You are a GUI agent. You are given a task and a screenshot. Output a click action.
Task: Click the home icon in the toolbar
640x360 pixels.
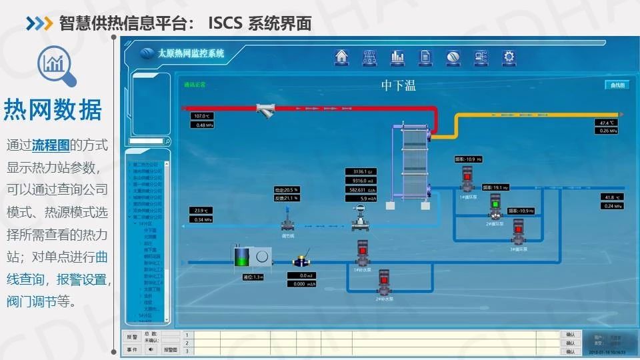pos(342,57)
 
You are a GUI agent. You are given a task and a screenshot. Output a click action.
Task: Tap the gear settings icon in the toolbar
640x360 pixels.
pos(509,57)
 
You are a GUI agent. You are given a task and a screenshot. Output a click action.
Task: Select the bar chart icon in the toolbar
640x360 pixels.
pos(397,57)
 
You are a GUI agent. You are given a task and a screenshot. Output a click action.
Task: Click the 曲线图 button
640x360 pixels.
pos(616,85)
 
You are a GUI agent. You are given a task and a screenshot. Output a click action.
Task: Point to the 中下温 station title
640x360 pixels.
pos(398,85)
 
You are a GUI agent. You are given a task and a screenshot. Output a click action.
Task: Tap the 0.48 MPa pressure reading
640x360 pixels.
pos(204,125)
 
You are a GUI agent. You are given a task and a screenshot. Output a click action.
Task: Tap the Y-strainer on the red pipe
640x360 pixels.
pos(267,111)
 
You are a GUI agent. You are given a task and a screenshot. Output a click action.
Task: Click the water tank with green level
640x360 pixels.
pos(243,257)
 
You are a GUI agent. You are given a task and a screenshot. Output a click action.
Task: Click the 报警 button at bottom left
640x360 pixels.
pos(131,337)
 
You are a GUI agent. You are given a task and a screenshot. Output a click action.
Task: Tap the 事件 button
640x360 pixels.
pos(131,349)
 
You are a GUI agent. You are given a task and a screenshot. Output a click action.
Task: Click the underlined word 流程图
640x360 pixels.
pos(51,145)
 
